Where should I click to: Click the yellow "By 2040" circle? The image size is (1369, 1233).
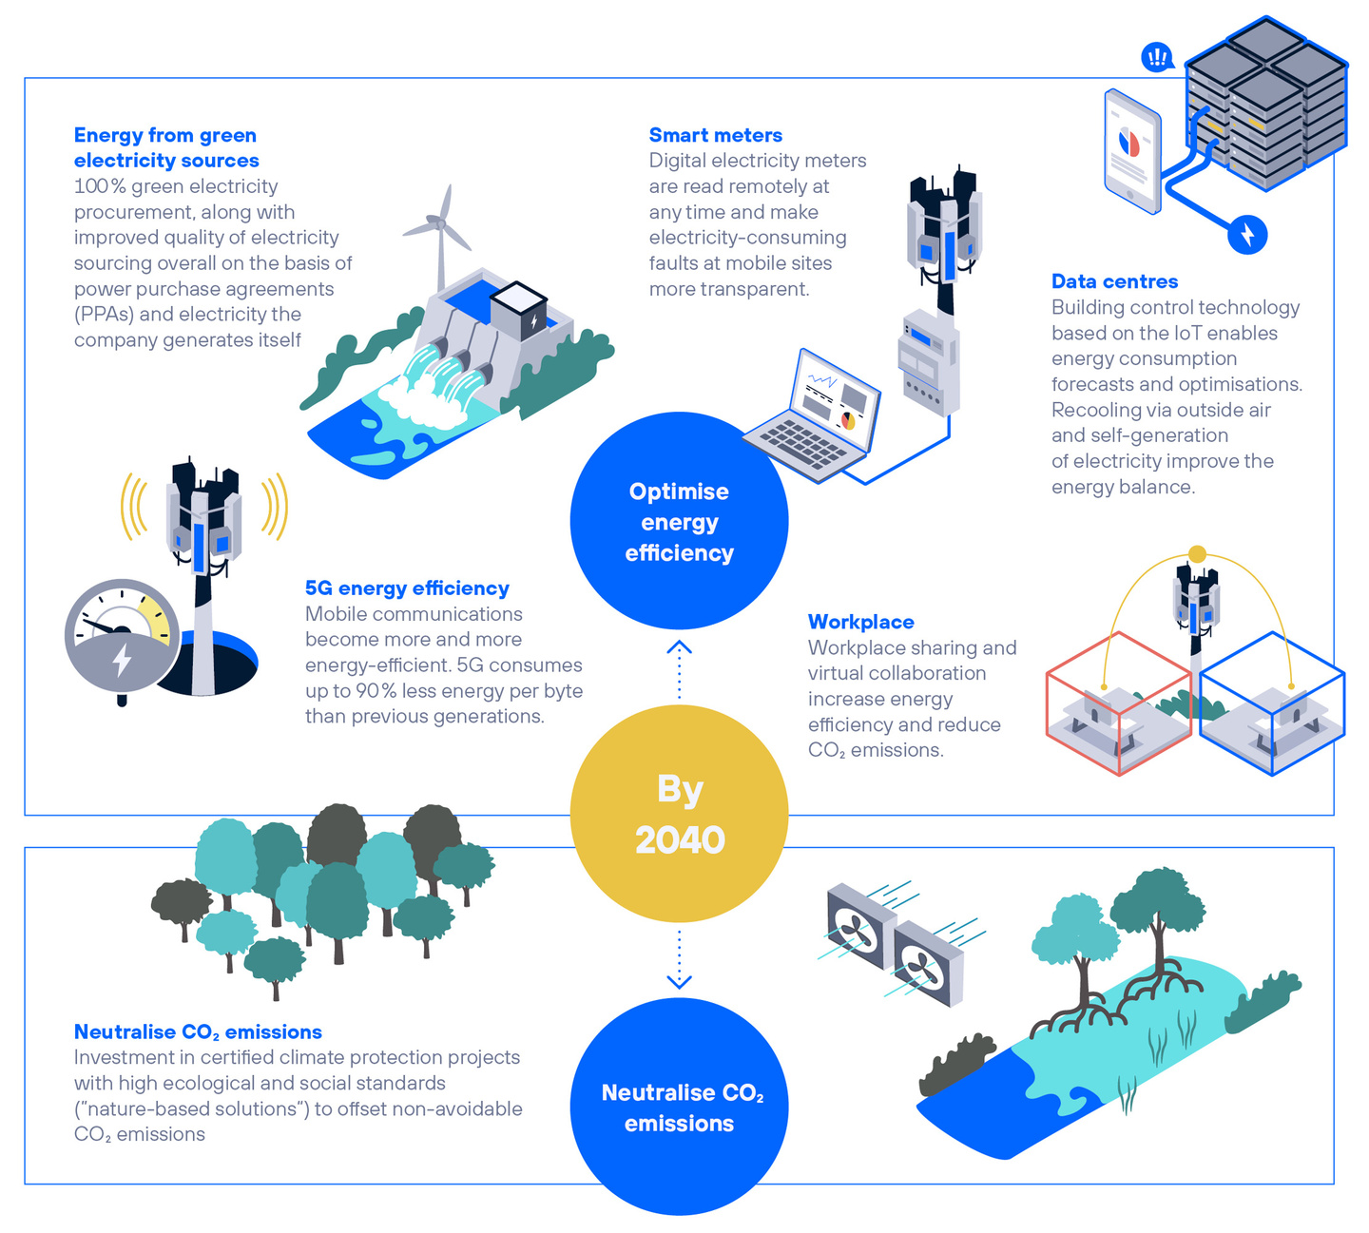pos(679,814)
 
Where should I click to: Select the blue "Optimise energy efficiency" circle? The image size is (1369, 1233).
pos(679,521)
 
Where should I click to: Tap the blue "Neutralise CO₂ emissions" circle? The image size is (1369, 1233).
pos(679,1107)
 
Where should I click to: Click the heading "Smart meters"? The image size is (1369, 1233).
pos(715,135)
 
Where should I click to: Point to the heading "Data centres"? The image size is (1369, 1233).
pos(1114,281)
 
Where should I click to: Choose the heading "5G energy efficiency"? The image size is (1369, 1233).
pos(407,588)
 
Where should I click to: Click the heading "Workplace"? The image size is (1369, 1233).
pos(860,622)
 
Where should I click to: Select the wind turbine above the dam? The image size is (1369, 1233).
pos(438,228)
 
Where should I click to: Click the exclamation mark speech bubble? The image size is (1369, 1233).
pos(1157,58)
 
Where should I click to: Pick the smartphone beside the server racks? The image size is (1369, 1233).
pos(1132,150)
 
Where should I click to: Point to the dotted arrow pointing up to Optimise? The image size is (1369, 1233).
pos(679,669)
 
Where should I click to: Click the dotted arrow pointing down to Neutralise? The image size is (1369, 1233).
pos(679,960)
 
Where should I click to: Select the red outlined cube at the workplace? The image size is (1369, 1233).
pos(1118,703)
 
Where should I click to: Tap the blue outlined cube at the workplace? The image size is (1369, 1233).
pos(1272,703)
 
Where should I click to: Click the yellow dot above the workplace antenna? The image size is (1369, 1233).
pos(1197,554)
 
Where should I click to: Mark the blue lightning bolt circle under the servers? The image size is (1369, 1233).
pos(1247,234)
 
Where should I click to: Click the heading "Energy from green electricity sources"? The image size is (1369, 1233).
pos(166,148)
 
